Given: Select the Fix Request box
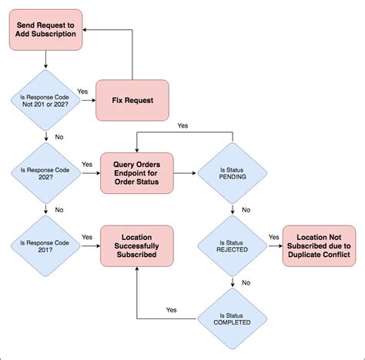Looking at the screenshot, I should tap(133, 100).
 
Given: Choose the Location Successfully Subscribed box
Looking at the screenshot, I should tap(137, 245).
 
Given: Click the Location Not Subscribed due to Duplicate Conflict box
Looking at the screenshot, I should tap(320, 245).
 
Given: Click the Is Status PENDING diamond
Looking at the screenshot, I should tap(232, 175).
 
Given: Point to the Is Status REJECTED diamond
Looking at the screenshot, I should tap(232, 245).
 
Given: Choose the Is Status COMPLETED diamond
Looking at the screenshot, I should tap(232, 318).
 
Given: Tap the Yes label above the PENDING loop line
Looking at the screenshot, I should tap(183, 125).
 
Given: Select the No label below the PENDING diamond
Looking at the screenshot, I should tap(245, 210).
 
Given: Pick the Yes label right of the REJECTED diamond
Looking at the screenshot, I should tap(273, 237).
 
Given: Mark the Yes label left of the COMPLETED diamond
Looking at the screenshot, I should tap(171, 310).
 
